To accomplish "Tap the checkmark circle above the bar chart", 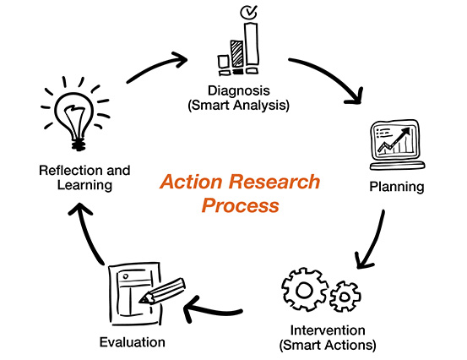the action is pos(248,12).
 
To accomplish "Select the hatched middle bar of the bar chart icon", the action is pos(237,53).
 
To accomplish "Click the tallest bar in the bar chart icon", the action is pos(252,43).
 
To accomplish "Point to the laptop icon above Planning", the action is pos(397,145).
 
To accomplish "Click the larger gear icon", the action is pos(304,289).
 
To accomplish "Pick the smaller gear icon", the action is pos(345,297).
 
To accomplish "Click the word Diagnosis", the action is pos(239,90).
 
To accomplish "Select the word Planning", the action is pos(397,187).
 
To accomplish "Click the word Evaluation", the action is pos(133,342).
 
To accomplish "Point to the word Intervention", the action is pos(328,330).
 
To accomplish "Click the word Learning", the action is pos(84,185).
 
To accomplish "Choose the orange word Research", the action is pos(274,182).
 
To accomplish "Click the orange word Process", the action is pos(241,205).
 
